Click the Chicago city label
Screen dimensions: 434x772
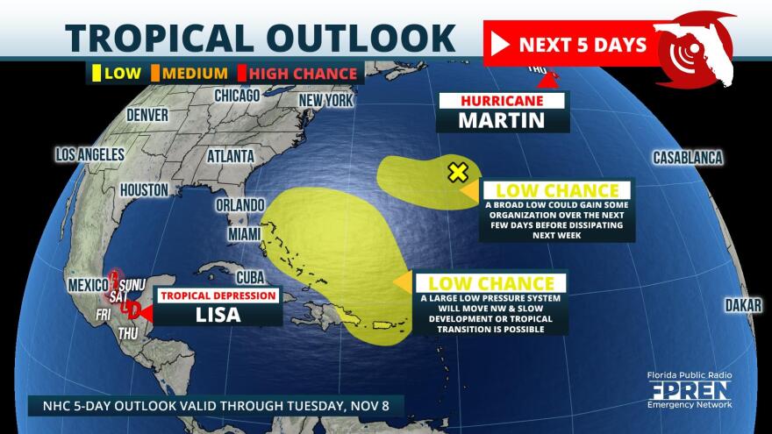pos(237,95)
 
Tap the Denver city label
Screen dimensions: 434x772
pos(147,115)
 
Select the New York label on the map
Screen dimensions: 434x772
pos(325,100)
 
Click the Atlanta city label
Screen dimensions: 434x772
pos(231,156)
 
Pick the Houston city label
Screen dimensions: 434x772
pos(144,189)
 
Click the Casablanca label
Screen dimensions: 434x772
pos(687,158)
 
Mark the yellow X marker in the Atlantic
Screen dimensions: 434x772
pos(457,172)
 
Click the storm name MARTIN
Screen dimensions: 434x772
pos(502,120)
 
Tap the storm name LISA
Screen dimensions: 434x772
pos(217,313)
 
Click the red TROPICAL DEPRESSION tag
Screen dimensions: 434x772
pos(218,295)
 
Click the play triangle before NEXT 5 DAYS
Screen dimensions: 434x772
pos(500,45)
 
